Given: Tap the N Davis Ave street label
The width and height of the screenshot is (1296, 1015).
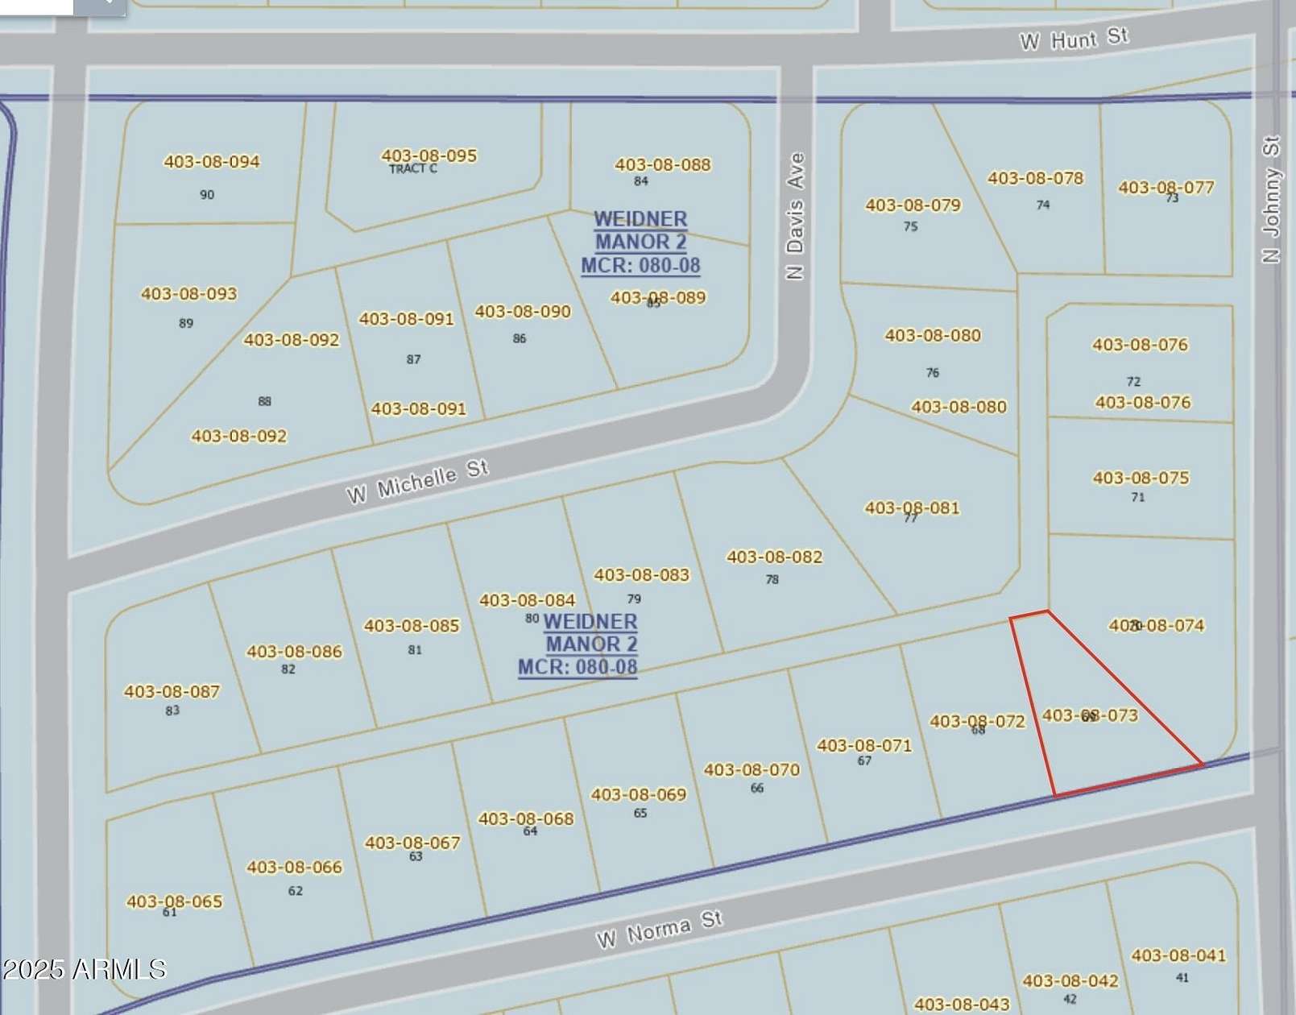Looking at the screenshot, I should (795, 216).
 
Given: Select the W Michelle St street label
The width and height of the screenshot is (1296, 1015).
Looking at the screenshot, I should (417, 481).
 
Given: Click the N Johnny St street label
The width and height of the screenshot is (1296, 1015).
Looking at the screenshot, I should (1271, 200).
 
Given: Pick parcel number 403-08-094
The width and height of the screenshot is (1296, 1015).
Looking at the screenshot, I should (212, 162).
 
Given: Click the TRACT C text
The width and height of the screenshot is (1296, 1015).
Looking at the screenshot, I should (412, 169).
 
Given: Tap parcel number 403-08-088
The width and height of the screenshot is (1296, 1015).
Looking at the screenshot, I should (662, 165).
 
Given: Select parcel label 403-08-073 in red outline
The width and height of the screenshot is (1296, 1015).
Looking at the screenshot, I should (1090, 715).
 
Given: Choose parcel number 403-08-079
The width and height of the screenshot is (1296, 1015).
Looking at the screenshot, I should (913, 205).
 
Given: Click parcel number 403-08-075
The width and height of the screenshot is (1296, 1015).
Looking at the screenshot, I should (1141, 478).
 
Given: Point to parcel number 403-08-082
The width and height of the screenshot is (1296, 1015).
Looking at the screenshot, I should (774, 557).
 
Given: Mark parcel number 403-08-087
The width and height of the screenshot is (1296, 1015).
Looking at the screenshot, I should (172, 691).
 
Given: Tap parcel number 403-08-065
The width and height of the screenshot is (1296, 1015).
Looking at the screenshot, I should (174, 901).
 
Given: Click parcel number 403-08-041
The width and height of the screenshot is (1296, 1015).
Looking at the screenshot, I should (1178, 955).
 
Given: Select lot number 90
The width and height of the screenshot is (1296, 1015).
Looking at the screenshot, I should (207, 195).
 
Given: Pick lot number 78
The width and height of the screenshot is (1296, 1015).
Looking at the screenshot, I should (772, 579).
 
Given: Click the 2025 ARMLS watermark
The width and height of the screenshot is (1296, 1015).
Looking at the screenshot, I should (84, 969).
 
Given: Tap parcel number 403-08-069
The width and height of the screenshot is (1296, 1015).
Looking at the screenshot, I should (638, 795).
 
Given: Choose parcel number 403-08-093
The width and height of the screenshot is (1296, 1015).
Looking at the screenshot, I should (189, 294).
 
